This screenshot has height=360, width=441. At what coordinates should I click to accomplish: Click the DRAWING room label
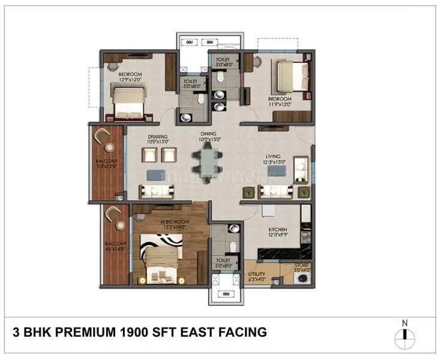158,137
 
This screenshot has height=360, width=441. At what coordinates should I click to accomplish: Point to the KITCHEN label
278,230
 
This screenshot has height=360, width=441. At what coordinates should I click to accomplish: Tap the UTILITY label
257,274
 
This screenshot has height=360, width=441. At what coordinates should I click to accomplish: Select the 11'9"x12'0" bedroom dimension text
280,104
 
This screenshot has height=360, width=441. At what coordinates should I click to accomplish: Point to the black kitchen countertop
282,255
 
